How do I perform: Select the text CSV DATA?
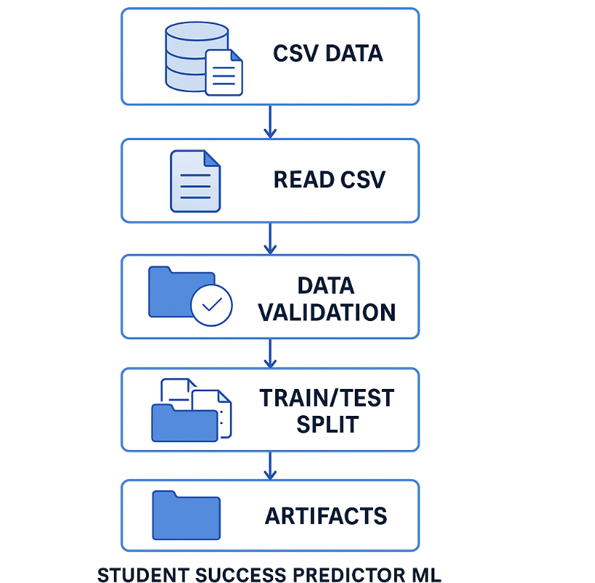click(x=328, y=54)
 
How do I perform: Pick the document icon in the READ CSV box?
click(x=195, y=181)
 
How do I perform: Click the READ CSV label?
click(x=329, y=179)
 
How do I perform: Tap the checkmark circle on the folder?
click(x=211, y=306)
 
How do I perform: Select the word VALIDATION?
click(x=327, y=312)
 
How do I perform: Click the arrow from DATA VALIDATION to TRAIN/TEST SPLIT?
click(x=270, y=352)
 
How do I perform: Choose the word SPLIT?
click(x=327, y=425)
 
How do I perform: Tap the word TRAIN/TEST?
click(x=327, y=398)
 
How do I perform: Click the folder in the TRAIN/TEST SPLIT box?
click(x=183, y=422)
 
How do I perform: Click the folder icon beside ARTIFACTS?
click(x=186, y=515)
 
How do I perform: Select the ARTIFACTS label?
click(x=326, y=516)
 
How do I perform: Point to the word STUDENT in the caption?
click(x=139, y=574)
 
